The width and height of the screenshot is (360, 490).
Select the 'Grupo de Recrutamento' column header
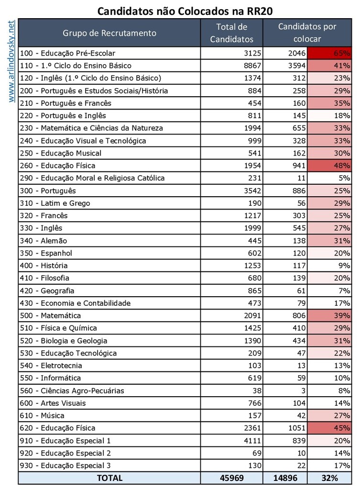coord(109,33)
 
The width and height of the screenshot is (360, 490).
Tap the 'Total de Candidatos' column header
coord(231,33)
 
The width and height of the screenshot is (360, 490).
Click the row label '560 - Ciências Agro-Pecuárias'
coord(72,390)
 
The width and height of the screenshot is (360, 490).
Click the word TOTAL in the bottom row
coord(109,478)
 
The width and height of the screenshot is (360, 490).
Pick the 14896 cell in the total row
coord(285,478)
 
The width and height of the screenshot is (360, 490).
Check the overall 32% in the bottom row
coord(329,478)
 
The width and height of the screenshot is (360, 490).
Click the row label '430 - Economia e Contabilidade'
coord(76,303)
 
